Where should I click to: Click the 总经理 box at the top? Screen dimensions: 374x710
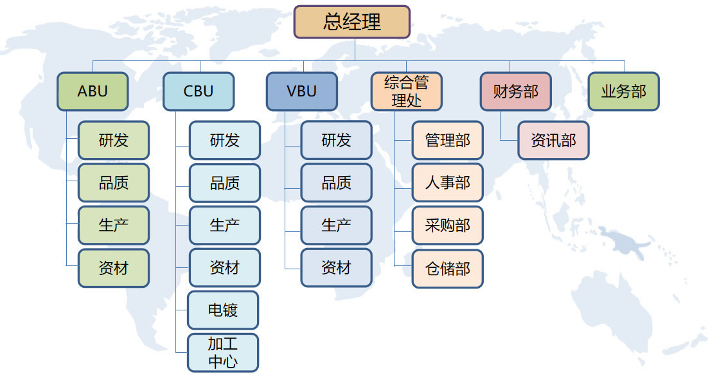[352, 22]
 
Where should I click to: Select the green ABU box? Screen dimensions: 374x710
[93, 91]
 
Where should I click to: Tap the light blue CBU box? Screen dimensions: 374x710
[199, 91]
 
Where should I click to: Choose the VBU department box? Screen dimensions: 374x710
[302, 91]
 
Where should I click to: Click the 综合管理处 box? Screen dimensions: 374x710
[406, 91]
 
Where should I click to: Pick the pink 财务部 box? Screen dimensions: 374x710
[515, 91]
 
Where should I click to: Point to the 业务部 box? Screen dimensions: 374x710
[623, 91]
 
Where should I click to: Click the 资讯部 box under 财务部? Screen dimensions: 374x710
[553, 140]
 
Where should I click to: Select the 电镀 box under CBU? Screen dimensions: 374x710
[223, 310]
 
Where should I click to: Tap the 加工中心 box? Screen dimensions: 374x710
[223, 353]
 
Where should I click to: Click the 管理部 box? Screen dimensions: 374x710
[447, 140]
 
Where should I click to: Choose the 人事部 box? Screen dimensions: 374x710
[447, 183]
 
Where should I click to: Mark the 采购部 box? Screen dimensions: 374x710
[447, 226]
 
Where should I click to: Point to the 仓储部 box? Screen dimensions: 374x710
[447, 269]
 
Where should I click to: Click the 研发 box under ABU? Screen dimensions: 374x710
[114, 140]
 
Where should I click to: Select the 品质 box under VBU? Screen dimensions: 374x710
[336, 183]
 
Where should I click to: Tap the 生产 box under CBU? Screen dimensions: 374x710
[225, 226]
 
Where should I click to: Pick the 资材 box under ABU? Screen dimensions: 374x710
[114, 268]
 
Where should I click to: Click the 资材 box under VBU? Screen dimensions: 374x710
[336, 267]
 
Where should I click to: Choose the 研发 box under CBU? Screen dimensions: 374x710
[225, 140]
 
